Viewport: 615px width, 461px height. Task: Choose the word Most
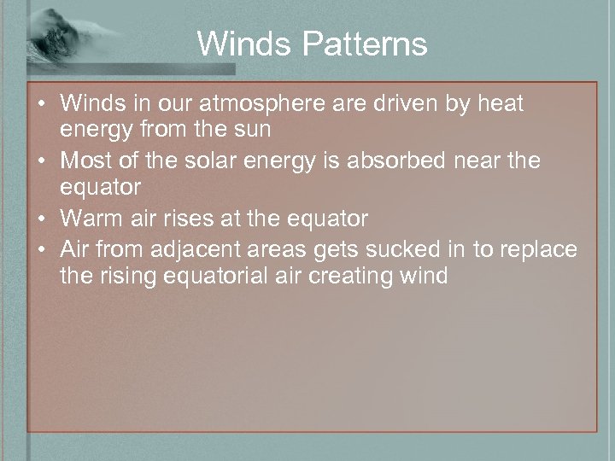click(x=89, y=161)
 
